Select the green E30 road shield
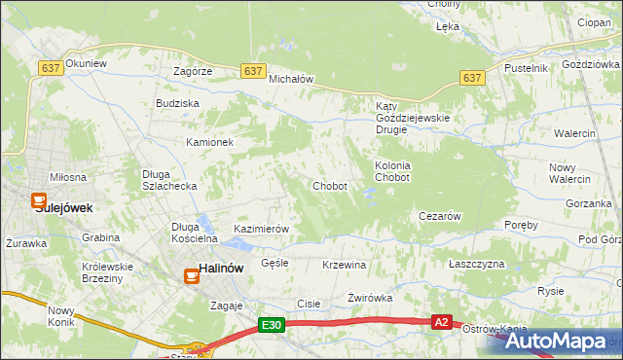pos(272,326)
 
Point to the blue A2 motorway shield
pos(442,322)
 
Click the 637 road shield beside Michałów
pos(253,71)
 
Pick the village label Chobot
pos(330,186)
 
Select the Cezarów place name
pos(438,216)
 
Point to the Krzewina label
pos(344,265)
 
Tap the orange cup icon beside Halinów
pos(192,275)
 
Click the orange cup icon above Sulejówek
pos(42,192)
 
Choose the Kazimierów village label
pos(262,229)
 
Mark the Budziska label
pos(177,102)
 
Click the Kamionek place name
pos(210,142)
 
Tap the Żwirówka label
pos(369,298)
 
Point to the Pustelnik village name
pos(527,68)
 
